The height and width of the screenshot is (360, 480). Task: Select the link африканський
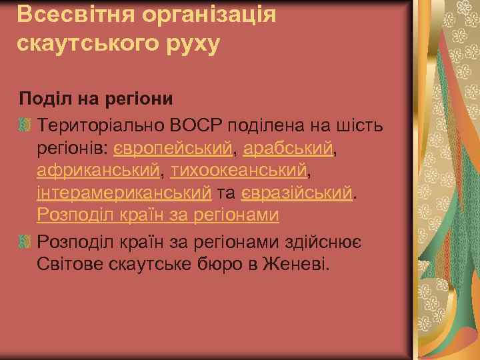(99, 171)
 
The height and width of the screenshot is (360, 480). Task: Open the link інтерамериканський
(124, 193)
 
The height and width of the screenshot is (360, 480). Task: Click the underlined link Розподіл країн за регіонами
(157, 216)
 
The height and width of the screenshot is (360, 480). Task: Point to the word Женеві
(296, 263)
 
